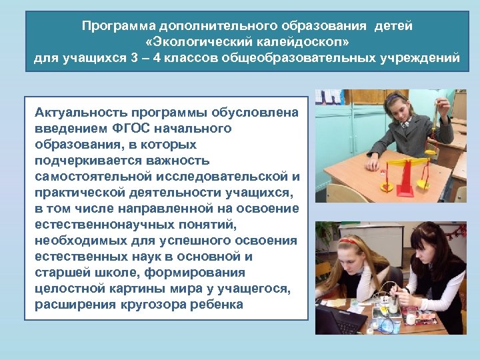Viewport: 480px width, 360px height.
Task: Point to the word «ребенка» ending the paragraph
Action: [217, 305]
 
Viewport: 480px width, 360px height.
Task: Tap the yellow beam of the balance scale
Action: [407, 160]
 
